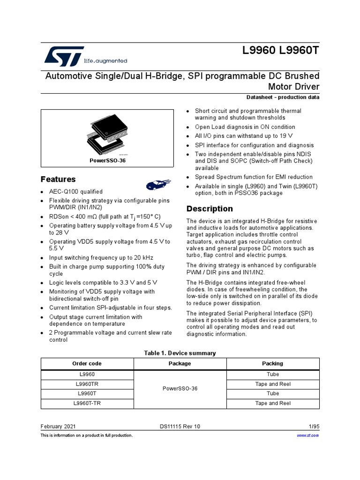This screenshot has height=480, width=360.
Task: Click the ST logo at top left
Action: [x=64, y=56]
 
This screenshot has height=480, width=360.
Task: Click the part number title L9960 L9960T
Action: [x=279, y=51]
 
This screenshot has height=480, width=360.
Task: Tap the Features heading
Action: [x=58, y=180]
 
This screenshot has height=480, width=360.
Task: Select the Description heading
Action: [x=210, y=209]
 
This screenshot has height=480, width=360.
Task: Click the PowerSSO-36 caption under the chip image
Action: [x=107, y=160]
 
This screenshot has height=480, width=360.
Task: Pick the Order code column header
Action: [x=87, y=363]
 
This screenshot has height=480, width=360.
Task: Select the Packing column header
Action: [x=272, y=363]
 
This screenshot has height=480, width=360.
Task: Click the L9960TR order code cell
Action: [x=87, y=384]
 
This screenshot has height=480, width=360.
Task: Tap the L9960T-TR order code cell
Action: [x=87, y=403]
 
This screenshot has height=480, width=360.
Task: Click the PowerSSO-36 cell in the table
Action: [x=180, y=389]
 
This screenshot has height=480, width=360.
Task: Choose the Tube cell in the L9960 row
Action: [x=272, y=374]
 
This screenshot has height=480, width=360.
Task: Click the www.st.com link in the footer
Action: [x=308, y=435]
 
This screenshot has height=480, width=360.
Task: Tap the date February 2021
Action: [x=58, y=427]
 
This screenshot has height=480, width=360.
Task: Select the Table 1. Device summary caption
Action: [x=180, y=353]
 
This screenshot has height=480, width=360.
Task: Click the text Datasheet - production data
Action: [x=283, y=97]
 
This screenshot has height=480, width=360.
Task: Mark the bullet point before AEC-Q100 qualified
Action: [x=43, y=192]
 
